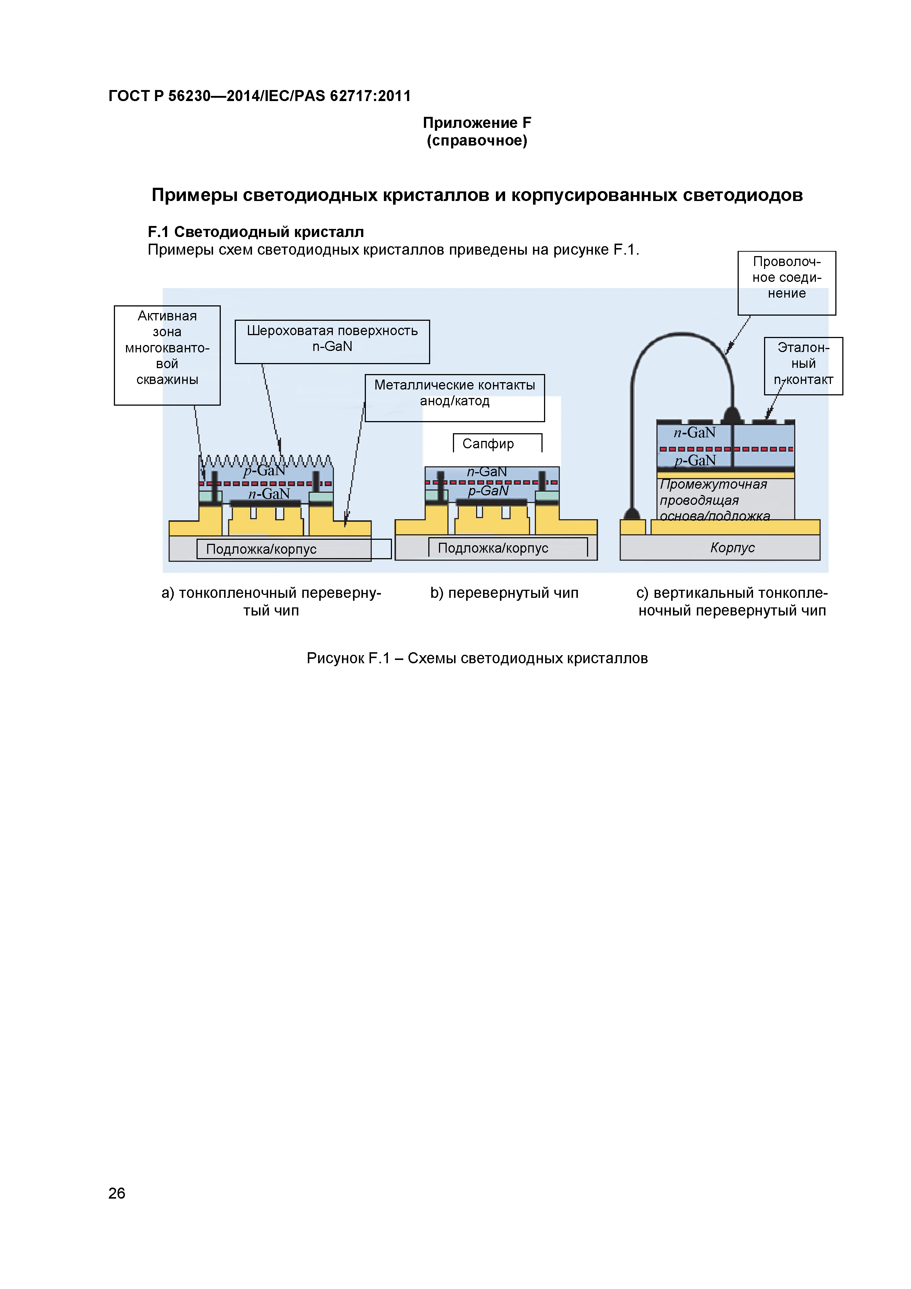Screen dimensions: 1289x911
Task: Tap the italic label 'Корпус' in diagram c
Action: pyautogui.click(x=732, y=547)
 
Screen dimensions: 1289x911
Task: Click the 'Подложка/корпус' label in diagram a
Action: pyautogui.click(x=262, y=549)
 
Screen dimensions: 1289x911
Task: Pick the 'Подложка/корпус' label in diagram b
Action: pyautogui.click(x=493, y=548)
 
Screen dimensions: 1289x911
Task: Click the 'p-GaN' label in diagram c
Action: pyautogui.click(x=695, y=461)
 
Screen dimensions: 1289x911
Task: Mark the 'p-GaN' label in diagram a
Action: pyautogui.click(x=264, y=470)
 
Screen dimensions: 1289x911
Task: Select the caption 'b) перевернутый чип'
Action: pyautogui.click(x=504, y=593)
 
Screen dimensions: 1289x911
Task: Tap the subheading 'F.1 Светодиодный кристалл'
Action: pyautogui.click(x=255, y=232)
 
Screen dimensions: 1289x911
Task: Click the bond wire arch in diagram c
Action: pyautogui.click(x=681, y=335)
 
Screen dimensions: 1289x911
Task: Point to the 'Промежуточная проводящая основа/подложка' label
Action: pyautogui.click(x=714, y=500)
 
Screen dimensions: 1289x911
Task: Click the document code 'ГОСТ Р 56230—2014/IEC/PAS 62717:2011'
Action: pyautogui.click(x=259, y=96)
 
